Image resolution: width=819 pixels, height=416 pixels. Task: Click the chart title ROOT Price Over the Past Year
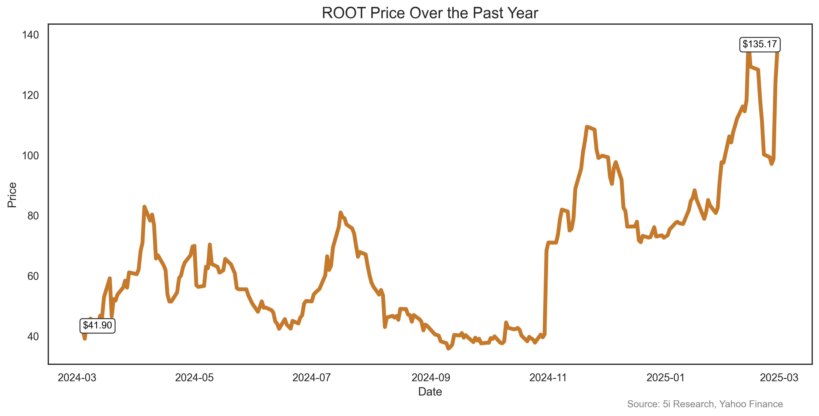430,13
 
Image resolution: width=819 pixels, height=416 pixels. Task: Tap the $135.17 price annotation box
760,44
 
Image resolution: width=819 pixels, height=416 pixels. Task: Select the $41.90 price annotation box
97,325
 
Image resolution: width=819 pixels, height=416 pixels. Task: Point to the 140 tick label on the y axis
30,35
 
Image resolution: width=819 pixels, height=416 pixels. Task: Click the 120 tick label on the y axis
30,95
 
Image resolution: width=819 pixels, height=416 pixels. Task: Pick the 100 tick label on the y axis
30,156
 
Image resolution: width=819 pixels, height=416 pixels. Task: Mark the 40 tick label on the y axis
33,336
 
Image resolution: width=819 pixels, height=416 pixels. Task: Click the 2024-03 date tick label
77,378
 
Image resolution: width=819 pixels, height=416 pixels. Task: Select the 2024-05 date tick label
194,378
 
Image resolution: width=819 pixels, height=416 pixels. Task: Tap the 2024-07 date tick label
312,378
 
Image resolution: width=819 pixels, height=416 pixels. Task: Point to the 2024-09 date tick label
431,378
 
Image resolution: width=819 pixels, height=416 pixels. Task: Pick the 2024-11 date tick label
548,378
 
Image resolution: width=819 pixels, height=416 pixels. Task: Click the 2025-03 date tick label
779,378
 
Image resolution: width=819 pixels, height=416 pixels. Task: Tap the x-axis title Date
430,392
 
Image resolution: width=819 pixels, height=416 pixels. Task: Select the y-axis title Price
12,195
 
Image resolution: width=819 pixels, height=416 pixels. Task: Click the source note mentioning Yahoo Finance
705,404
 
